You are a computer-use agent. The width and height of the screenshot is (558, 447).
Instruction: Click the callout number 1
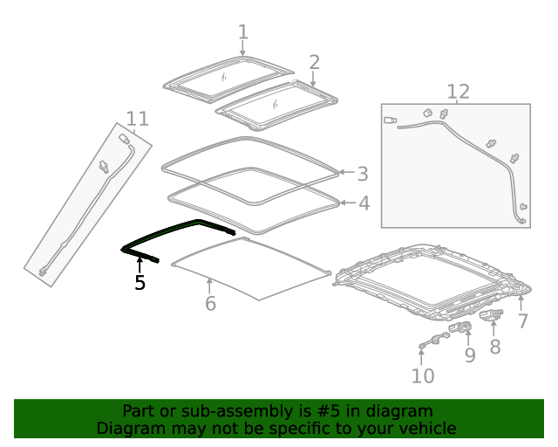coord(243,32)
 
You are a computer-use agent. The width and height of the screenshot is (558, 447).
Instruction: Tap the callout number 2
coord(314,62)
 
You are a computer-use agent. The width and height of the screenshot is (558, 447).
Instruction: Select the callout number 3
coord(363,174)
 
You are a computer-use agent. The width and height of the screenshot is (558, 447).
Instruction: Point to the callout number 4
coord(364,203)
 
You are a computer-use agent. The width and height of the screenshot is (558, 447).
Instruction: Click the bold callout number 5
coord(139,282)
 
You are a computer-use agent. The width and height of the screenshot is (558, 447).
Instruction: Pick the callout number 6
coord(210,303)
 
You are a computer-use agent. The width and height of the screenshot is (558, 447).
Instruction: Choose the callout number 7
coord(522,320)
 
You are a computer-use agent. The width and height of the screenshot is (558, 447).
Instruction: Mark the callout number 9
coord(469,354)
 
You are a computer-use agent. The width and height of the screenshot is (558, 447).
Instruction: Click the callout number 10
coord(422,375)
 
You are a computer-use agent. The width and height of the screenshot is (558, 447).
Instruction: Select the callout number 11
coord(137,119)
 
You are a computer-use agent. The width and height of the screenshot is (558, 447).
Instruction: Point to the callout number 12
coord(458,92)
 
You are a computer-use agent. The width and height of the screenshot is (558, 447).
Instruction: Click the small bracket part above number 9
coord(460,328)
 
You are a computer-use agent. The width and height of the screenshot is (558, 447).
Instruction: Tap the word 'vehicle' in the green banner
coord(425,428)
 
